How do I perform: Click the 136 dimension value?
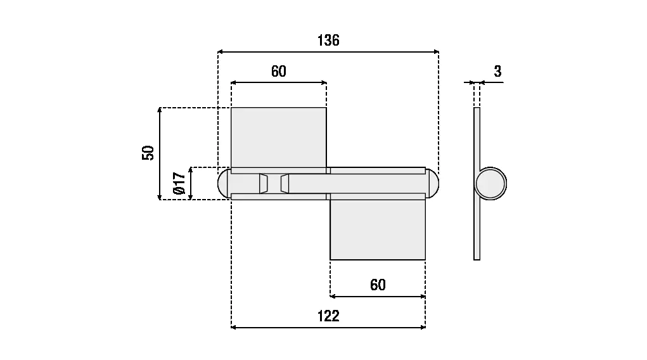(x=328, y=41)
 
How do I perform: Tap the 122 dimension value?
(x=328, y=316)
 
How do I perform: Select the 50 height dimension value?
(x=148, y=153)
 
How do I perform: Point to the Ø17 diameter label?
(x=179, y=183)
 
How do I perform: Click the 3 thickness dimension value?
(x=497, y=72)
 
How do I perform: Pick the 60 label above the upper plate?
(x=279, y=71)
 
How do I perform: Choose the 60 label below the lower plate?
(x=378, y=285)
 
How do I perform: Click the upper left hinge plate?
(x=278, y=137)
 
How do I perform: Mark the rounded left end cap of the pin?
(x=224, y=183)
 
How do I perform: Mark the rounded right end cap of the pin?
(x=432, y=183)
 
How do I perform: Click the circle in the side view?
(x=491, y=184)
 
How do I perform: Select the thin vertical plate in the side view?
(x=477, y=228)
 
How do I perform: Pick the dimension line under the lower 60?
(x=378, y=296)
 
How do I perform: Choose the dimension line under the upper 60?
(x=279, y=82)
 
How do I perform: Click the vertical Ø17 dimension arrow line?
(x=190, y=183)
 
